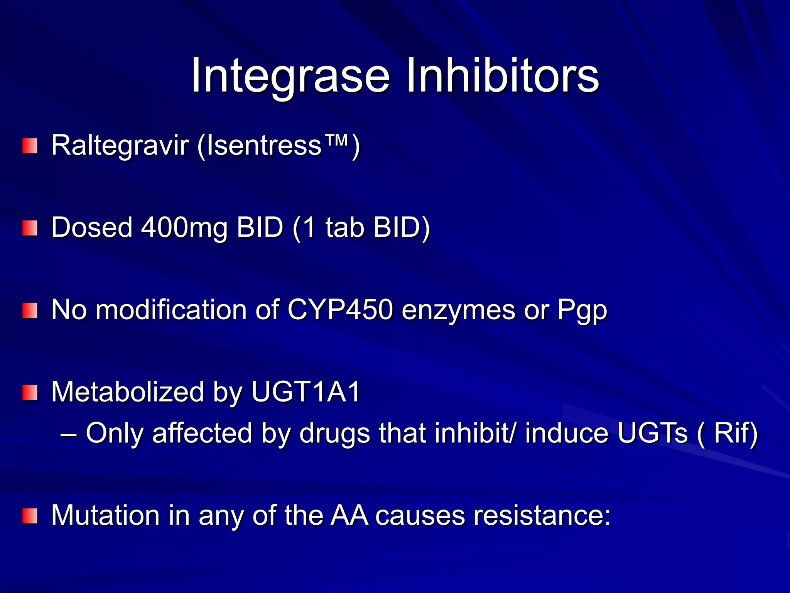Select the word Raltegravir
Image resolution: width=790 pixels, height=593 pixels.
120,146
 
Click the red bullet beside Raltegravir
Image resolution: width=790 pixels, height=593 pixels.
30,146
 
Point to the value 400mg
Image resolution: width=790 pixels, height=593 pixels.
184,227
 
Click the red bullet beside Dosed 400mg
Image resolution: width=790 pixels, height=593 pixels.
30,228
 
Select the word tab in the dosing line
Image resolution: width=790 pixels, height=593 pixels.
344,227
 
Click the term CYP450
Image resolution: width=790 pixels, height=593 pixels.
340,310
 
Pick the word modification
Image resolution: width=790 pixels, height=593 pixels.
171,310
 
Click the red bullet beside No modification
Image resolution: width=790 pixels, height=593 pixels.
30,311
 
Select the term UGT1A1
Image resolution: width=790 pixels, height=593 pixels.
306,392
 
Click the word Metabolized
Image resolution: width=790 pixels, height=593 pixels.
127,392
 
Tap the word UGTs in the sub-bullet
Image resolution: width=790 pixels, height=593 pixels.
652,433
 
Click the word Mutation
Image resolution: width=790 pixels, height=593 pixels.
105,515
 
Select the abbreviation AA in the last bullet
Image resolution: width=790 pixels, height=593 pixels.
349,515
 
